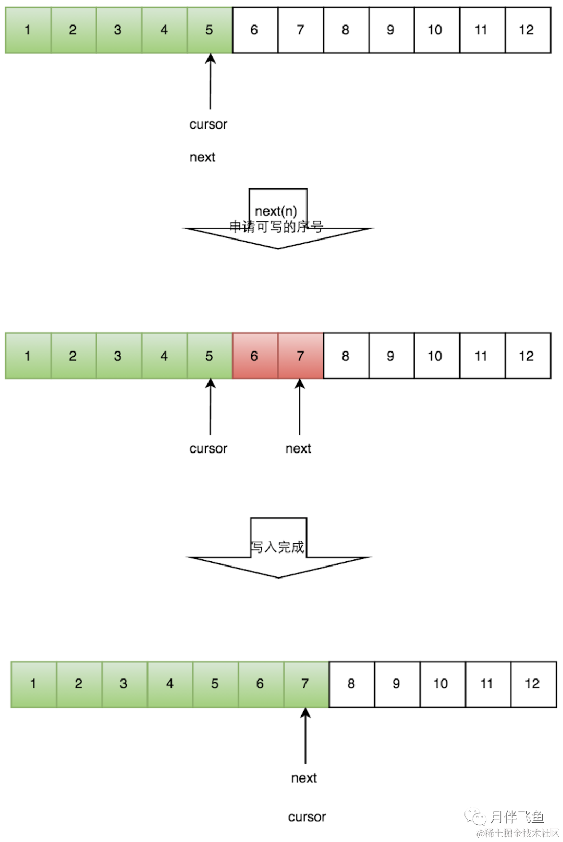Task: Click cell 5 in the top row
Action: (210, 30)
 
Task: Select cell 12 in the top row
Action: (528, 30)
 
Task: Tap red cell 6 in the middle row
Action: (255, 356)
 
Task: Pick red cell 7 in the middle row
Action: (300, 356)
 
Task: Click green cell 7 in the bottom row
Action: (306, 684)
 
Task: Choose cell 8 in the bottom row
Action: (351, 684)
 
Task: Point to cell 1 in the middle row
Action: (28, 356)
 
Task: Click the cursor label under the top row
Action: (209, 124)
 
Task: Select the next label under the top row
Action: (202, 157)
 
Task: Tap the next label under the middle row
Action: (298, 449)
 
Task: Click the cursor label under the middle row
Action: (209, 449)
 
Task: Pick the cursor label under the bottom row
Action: (307, 817)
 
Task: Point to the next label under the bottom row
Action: (304, 778)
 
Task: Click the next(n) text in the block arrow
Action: (276, 211)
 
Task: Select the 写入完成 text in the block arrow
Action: (277, 547)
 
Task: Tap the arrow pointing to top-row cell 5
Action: (210, 81)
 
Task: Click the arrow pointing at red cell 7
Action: (300, 407)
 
